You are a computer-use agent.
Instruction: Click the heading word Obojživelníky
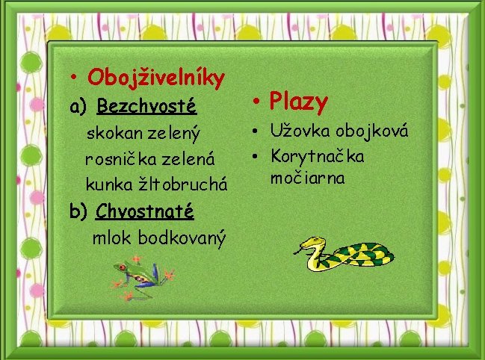[x=156, y=77]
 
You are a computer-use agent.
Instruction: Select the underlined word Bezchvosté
[x=146, y=106]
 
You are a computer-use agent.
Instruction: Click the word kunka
[x=105, y=184]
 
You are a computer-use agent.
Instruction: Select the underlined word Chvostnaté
[x=145, y=211]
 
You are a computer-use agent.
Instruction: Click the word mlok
[x=110, y=238]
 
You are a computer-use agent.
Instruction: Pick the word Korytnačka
[x=318, y=157]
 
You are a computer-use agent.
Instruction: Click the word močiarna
[x=308, y=179]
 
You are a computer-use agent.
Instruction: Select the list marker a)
[x=79, y=107]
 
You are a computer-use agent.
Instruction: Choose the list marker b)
[x=78, y=212]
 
